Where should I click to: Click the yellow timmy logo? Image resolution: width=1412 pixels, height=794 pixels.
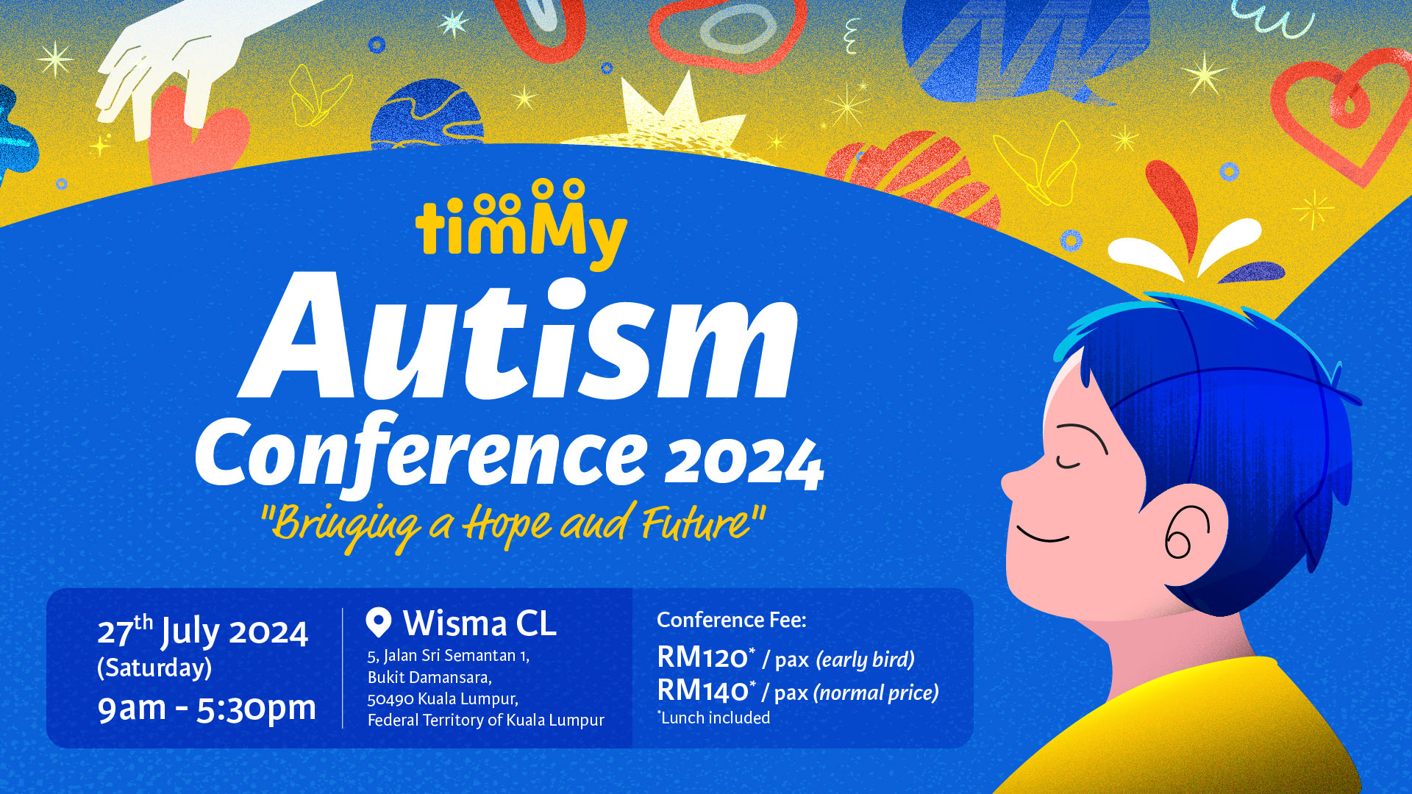coord(521,225)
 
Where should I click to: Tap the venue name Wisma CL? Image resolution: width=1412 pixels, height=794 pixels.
coord(479,623)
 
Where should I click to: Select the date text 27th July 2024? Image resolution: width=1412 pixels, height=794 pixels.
coord(202,632)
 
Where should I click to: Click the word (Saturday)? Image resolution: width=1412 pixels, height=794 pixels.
coord(154,668)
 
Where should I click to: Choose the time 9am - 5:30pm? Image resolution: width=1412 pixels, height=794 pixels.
coord(207,708)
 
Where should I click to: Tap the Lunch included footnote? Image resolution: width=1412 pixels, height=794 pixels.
coord(714,718)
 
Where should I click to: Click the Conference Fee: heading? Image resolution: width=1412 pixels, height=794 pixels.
coord(732,620)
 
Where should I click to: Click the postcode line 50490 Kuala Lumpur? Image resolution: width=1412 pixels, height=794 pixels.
coord(443,698)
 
